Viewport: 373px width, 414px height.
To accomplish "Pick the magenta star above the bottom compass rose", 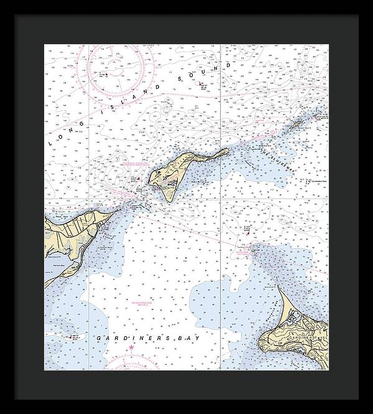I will [x=131, y=347].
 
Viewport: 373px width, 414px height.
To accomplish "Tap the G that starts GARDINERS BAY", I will [x=99, y=337].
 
